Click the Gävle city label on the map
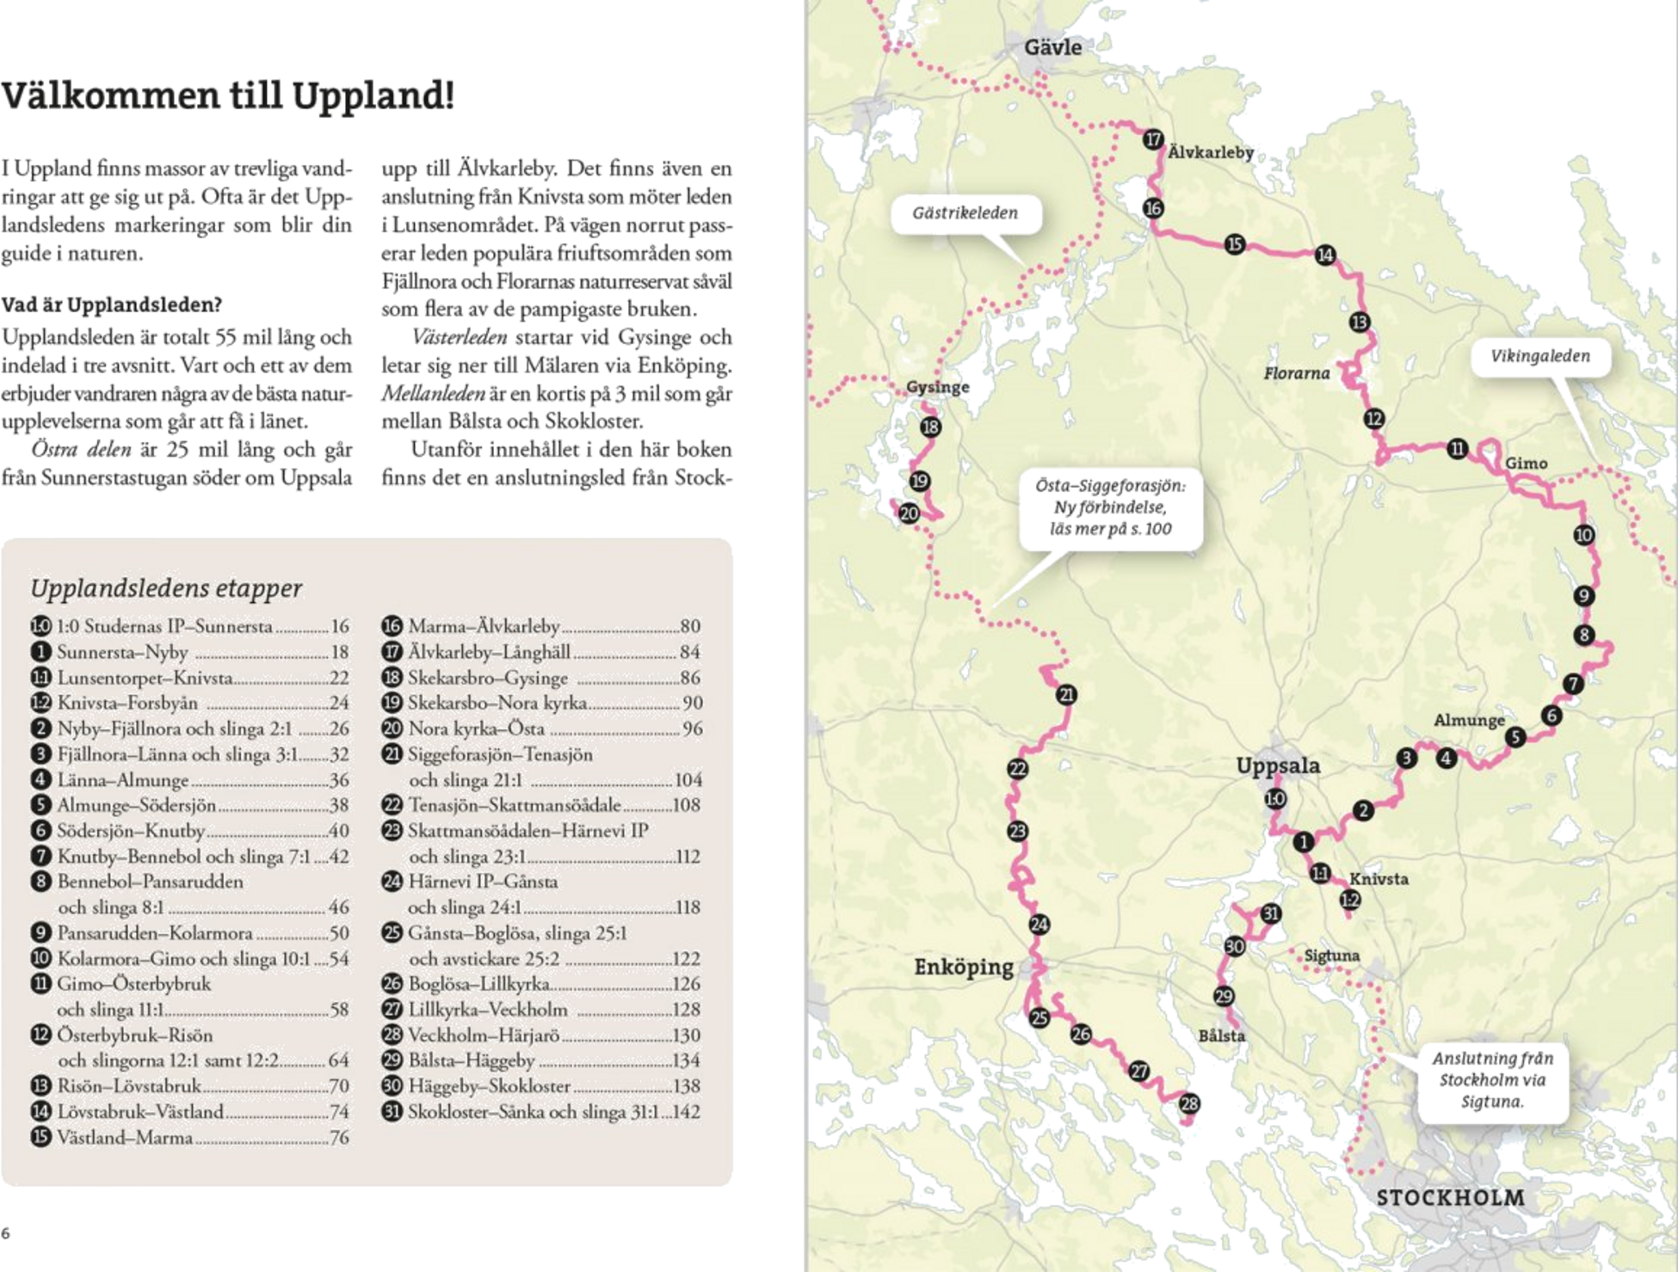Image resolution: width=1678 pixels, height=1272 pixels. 1052,46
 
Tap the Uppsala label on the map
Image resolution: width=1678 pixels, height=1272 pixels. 1278,765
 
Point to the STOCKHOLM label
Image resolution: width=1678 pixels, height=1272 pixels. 1450,1197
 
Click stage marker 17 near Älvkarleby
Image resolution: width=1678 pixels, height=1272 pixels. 1153,139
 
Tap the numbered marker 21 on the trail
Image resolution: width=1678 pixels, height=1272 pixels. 1067,695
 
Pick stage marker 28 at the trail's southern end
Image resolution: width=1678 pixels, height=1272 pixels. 1191,1103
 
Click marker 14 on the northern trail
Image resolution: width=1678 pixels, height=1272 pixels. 1325,255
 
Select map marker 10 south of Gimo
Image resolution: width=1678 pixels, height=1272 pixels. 1583,535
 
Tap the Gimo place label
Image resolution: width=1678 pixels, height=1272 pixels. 1526,464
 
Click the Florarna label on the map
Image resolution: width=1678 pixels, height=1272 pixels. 1298,373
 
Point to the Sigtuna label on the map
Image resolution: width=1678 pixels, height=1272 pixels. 1331,956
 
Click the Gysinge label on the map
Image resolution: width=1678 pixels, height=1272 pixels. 938,388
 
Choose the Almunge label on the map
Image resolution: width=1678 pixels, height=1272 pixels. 1469,720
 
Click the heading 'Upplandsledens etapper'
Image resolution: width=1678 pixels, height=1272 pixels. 166,588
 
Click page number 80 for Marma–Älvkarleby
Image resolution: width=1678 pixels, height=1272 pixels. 689,626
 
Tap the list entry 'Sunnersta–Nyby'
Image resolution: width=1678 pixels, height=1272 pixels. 122,652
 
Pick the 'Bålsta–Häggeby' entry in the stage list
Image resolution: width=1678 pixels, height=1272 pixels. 471,1060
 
